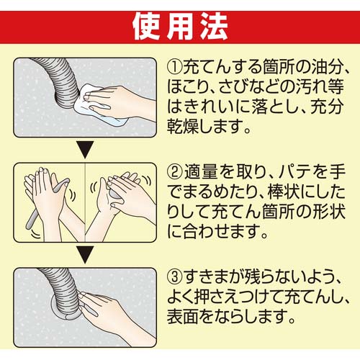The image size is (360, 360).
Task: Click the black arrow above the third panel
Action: [85, 256]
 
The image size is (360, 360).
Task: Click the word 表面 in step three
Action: [189, 316]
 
